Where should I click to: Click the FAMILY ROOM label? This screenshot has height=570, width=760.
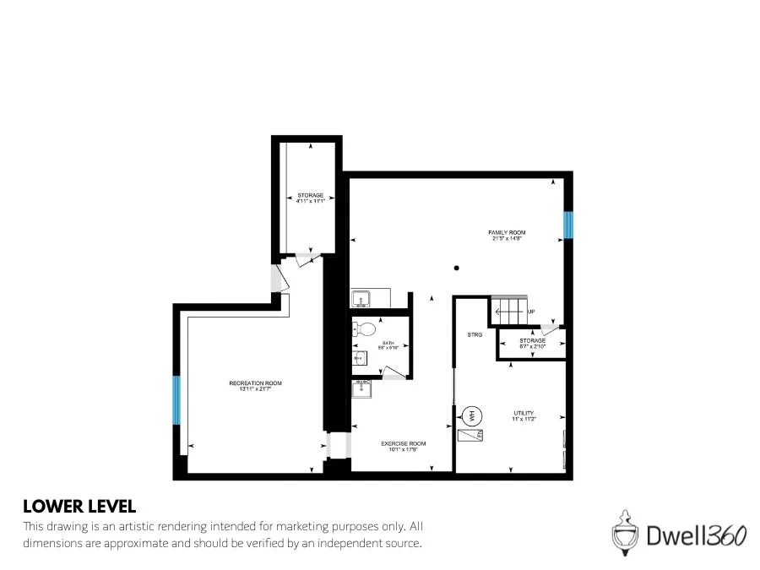point(507,232)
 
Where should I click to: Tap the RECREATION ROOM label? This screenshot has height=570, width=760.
point(255,383)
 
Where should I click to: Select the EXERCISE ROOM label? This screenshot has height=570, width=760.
point(403,443)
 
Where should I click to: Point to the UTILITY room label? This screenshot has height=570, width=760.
point(524,413)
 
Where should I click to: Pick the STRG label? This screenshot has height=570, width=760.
point(475,335)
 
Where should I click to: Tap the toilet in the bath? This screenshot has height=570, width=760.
point(364,329)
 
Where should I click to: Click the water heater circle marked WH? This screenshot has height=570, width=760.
point(470,415)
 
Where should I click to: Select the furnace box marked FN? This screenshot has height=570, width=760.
point(470,436)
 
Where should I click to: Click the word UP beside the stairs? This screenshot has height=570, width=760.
point(531,312)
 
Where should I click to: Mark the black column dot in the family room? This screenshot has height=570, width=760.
point(457,269)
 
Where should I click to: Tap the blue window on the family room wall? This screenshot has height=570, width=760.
point(569,224)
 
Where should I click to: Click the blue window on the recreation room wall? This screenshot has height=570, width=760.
point(176,400)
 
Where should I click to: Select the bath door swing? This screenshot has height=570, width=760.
point(394,372)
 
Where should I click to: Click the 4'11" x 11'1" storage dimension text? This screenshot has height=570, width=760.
point(310,201)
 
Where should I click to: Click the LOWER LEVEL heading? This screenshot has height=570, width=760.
point(79,507)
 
